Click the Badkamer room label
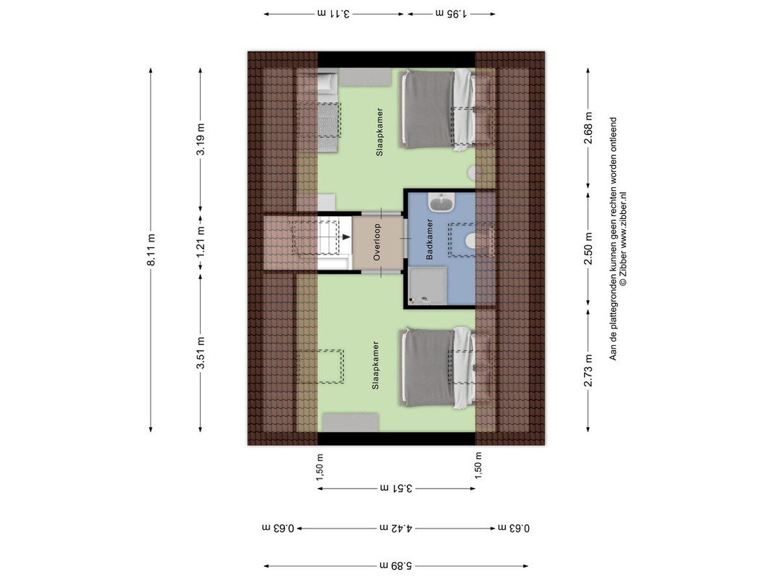pos(430,239)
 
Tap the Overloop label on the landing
pos(377,242)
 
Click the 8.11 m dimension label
pos(151,249)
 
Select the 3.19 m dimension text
pos(201,139)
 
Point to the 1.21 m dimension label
pos(201,241)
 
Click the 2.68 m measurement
pos(588,128)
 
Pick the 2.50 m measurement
pos(588,249)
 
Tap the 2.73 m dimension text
pos(588,370)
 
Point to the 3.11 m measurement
pos(333,14)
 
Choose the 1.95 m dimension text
pos(451,14)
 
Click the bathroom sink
pos(441,202)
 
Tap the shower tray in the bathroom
pos(427,286)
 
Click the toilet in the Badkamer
pos(470,240)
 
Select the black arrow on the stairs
pos(346,237)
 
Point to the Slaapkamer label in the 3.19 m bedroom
pos(379,132)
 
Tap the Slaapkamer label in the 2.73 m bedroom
pos(375,365)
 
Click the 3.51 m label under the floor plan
pos(396,488)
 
